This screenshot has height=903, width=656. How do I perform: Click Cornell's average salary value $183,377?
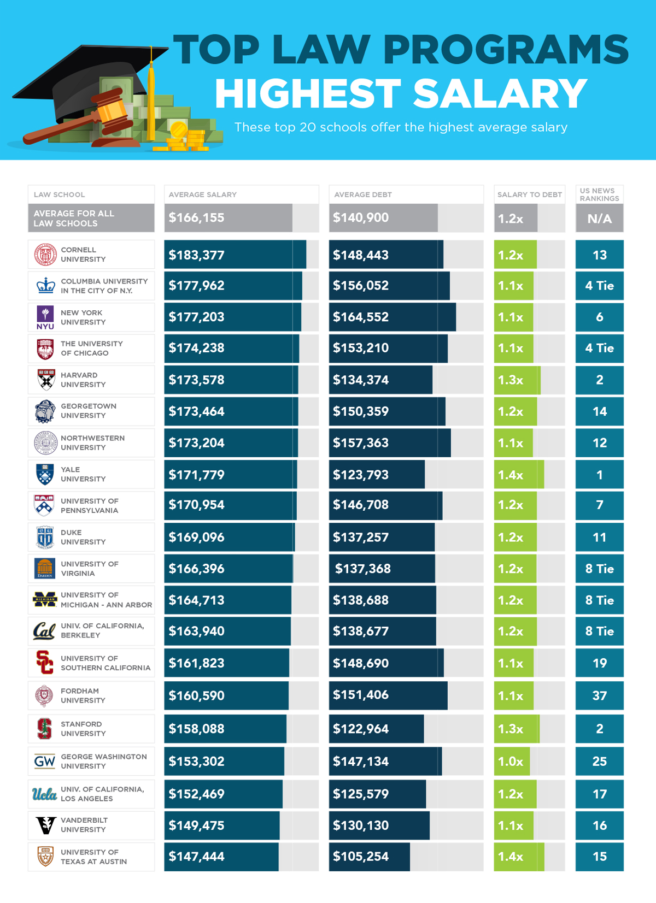click(197, 255)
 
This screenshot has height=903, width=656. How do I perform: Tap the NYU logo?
click(45, 317)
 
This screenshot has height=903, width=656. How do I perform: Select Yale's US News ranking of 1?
click(599, 475)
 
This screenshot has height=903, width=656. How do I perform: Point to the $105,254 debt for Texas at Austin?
click(361, 857)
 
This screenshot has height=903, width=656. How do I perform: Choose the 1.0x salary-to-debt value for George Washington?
click(511, 762)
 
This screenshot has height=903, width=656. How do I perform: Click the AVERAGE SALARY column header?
click(203, 194)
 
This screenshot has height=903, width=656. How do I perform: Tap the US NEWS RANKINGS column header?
click(599, 194)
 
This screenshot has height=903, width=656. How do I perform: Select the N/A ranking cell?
click(599, 219)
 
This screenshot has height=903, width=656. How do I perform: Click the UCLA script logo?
click(44, 794)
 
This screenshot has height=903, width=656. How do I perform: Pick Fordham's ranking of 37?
click(599, 695)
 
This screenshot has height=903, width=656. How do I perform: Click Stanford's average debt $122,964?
click(361, 729)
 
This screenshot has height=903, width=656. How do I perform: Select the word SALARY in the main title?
click(500, 94)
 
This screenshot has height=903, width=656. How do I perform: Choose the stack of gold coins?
click(186, 139)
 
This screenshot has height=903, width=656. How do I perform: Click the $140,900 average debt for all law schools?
click(361, 217)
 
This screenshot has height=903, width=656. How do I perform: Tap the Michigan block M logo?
click(45, 599)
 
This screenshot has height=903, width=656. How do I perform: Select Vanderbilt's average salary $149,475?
click(197, 825)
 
